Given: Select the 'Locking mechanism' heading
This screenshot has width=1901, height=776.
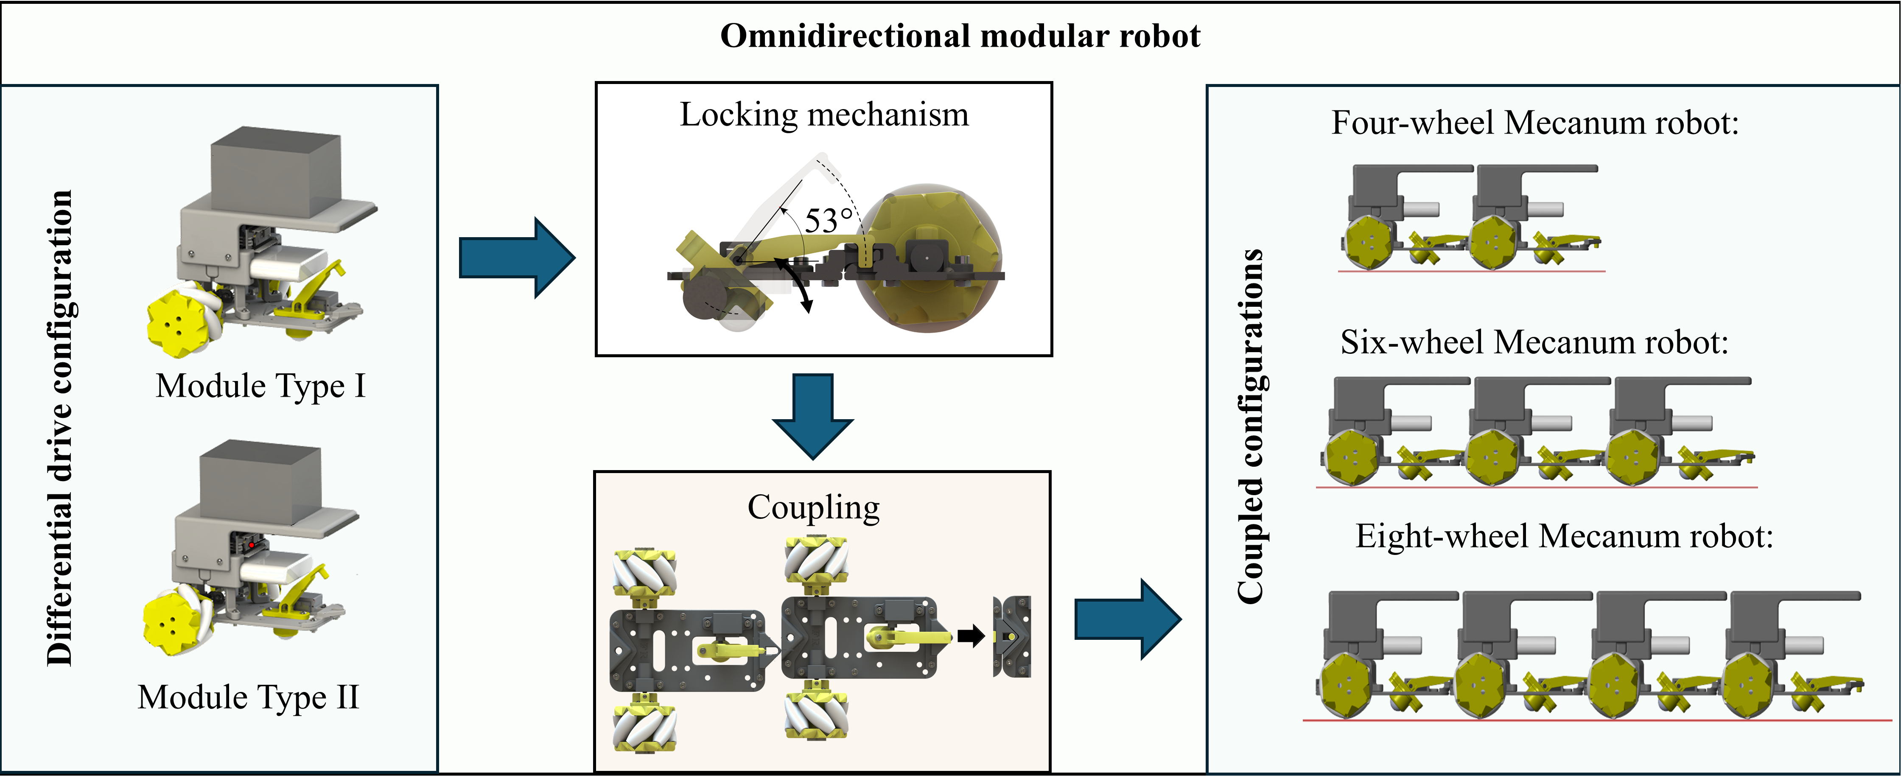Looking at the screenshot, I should (x=823, y=115).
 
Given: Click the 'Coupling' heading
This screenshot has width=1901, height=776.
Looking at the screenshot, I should (x=813, y=508).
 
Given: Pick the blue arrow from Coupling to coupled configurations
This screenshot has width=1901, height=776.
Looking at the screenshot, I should (x=1127, y=619).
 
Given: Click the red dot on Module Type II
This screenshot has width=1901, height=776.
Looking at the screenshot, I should (x=252, y=545).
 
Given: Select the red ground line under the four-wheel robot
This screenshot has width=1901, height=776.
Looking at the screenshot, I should (x=1472, y=272).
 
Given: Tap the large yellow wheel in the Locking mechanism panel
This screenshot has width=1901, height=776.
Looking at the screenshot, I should (x=931, y=258).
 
